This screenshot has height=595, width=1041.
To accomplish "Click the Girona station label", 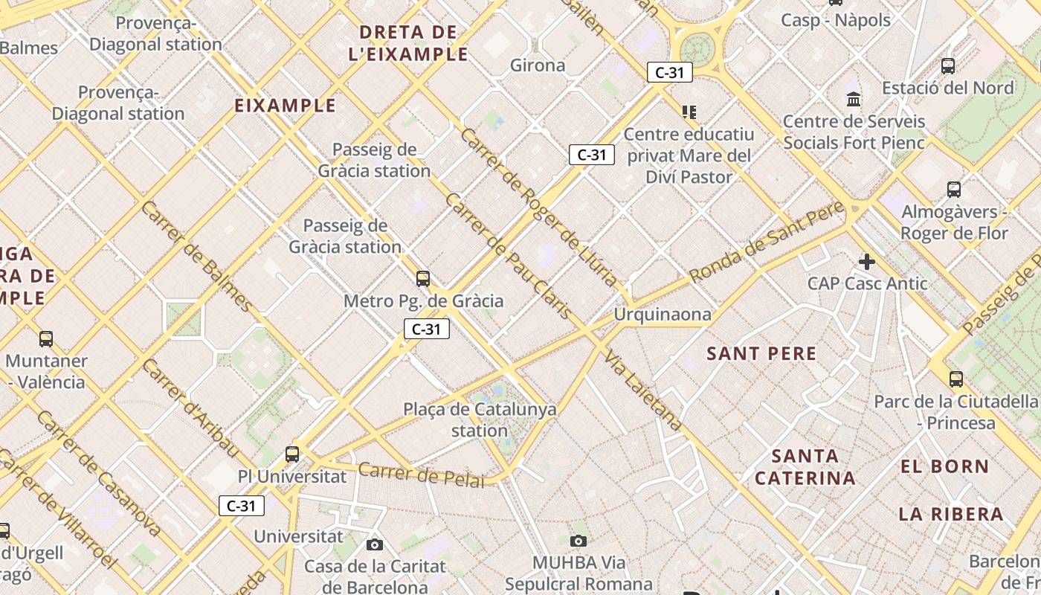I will coord(538,65).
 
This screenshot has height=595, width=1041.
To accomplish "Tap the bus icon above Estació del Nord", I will coord(948,65).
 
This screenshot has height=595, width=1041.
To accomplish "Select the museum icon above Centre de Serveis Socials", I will coord(854,99).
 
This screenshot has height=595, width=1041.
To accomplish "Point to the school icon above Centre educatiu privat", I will coord(689,112).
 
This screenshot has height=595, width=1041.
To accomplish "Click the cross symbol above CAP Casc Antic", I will coord(866,262).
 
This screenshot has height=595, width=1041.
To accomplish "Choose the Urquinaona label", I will coord(662,315).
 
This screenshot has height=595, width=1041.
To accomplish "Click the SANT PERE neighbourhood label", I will coord(761,353).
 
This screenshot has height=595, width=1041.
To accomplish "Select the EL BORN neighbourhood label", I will coord(944,467).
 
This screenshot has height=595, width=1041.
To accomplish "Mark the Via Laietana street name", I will coord(644,390).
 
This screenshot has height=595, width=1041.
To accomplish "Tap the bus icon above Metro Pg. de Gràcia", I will coord(423,279).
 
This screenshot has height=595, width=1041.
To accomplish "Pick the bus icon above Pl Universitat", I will coord(292,454).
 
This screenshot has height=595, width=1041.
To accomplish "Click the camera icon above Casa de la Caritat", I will coord(375,544).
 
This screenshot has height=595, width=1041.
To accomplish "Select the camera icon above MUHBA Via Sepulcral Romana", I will coord(578,541).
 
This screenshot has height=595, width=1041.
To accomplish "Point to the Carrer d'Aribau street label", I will coord(190,409).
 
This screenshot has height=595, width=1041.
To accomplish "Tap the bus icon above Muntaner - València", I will coord(46,339).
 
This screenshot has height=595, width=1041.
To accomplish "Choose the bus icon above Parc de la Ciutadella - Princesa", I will coord(956,379).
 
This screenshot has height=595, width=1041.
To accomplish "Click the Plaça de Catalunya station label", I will coord(480,419).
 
